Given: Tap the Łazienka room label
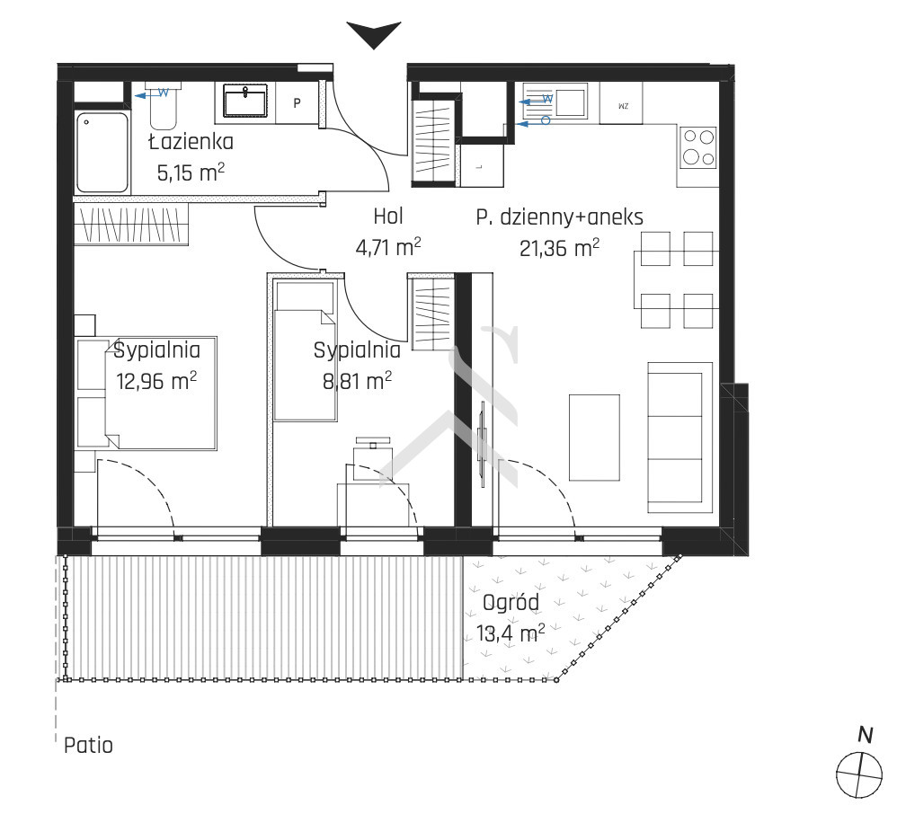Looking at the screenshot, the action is click(191, 142).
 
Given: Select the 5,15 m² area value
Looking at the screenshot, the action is click(191, 173).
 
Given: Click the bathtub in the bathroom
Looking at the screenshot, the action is click(102, 152).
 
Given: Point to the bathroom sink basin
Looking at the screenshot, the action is click(244, 102).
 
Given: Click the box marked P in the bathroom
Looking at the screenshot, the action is click(297, 103).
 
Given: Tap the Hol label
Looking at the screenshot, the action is click(388, 217).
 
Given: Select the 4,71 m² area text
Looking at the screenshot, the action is click(388, 247).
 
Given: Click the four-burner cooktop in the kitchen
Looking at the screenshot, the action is click(698, 147).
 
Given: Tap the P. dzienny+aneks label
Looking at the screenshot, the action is click(559, 217).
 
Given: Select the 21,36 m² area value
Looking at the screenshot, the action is click(559, 248).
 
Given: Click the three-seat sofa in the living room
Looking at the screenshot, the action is click(679, 438).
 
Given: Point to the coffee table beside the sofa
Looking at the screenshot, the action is click(594, 437).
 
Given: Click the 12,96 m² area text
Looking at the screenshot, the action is click(156, 380).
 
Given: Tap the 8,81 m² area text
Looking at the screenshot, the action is click(357, 380).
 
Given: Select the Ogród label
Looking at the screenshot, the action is click(511, 602).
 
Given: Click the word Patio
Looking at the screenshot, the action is click(88, 746).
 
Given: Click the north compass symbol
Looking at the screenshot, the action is click(860, 766).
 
